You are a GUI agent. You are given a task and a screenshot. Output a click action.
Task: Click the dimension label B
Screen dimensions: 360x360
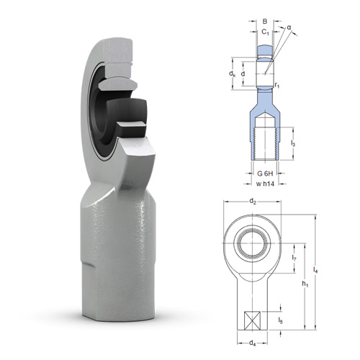point(265,22)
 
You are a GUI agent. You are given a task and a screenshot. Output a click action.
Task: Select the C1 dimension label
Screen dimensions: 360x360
point(265,32)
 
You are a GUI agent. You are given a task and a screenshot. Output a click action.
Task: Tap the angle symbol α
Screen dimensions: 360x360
point(289,27)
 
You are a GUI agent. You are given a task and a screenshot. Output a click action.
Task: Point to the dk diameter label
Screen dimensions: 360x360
point(232,73)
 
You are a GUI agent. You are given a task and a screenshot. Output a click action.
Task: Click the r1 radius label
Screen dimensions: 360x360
point(277,85)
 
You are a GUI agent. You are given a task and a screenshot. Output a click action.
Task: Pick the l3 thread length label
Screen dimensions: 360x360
point(293,143)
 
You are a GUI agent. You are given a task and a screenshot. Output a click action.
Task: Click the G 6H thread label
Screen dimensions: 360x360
point(265,173)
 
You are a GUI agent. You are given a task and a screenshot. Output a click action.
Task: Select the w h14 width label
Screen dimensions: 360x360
point(265,184)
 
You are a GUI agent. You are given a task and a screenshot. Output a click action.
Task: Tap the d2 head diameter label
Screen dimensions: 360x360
point(253,201)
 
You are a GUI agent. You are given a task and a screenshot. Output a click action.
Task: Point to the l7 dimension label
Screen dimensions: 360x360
point(294,258)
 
